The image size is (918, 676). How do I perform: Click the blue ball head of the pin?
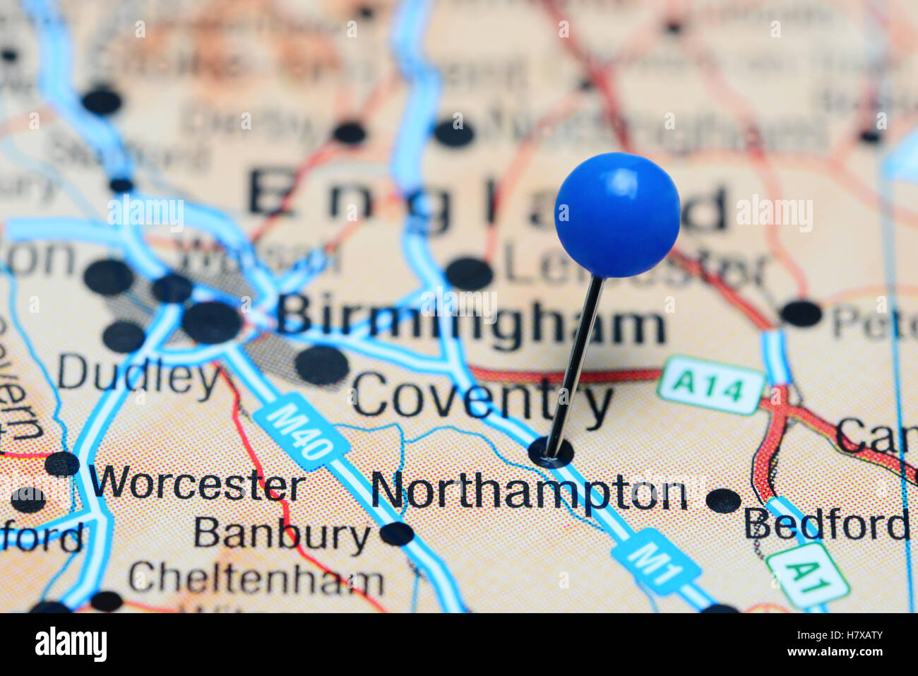point(617,214)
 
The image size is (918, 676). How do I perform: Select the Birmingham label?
point(470,321)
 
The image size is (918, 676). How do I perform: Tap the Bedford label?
point(826,524)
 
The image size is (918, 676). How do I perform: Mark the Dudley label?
point(138,374)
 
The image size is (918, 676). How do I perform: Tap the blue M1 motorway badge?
point(657,561)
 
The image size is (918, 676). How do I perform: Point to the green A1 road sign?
point(808,575)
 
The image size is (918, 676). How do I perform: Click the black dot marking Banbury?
point(397,534)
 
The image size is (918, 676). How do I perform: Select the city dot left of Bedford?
point(723,500)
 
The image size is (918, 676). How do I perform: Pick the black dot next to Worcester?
point(62,464)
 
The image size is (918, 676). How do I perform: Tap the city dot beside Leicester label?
point(470,273)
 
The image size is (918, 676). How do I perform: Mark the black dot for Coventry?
point(322,365)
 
